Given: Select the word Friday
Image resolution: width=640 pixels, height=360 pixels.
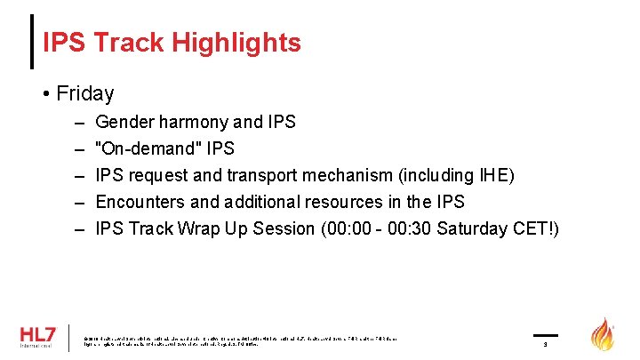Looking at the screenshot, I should point(84,93).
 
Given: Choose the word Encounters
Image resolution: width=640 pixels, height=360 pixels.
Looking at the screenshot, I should point(139,202).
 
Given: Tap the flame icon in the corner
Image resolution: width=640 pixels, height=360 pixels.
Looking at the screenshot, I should point(604,335).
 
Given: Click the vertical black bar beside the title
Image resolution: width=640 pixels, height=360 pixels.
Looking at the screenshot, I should point(33,42).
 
